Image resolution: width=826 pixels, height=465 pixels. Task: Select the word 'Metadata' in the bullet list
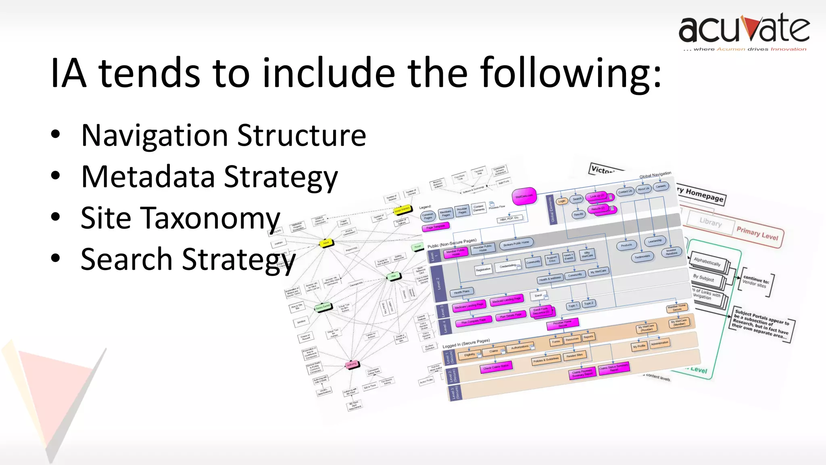coord(148,177)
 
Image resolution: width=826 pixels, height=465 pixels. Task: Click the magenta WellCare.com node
coord(524,196)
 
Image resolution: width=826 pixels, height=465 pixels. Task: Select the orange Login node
coord(562,201)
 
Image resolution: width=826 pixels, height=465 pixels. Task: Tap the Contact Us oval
coord(625,192)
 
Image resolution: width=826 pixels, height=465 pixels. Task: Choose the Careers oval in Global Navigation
coord(661,186)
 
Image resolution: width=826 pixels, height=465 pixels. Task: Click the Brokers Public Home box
coord(517,243)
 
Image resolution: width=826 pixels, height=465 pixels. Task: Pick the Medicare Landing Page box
coord(469,306)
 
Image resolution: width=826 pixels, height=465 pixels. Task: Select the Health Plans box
coord(462,292)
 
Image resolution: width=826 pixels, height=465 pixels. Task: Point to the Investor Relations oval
coord(671,252)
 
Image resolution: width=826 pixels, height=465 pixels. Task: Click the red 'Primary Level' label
coord(757,233)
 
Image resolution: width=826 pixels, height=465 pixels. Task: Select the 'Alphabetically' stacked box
coord(707,262)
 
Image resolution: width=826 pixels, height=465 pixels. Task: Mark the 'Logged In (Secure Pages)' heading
coord(466,344)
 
